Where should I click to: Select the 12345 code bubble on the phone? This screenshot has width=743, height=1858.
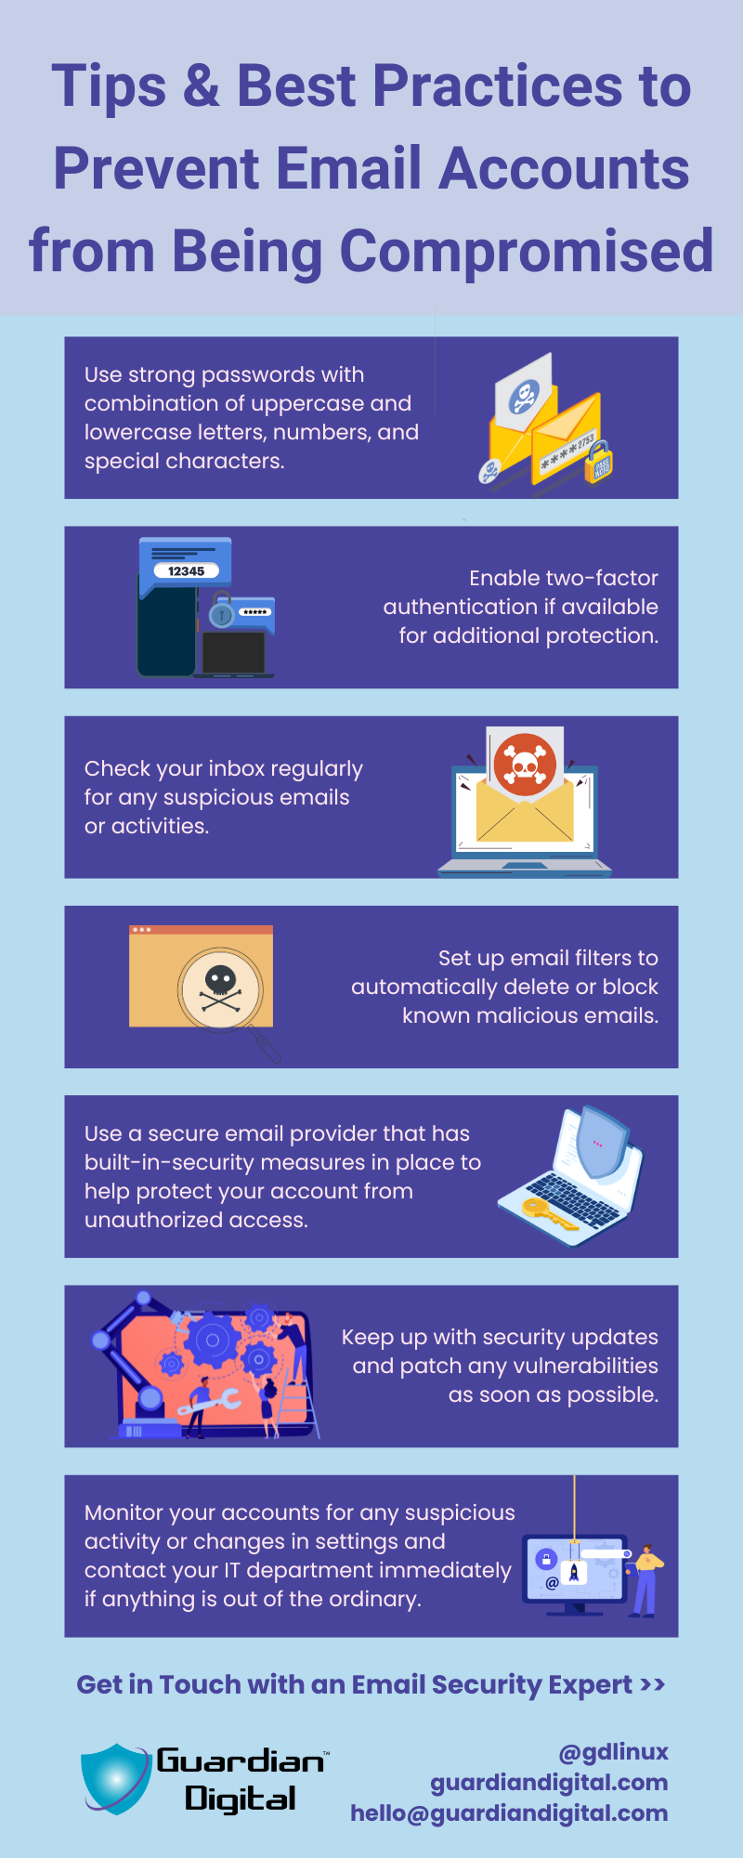coord(187,570)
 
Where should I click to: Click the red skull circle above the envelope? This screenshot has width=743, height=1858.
coord(525,764)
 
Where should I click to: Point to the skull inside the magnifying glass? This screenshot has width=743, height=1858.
coord(221,988)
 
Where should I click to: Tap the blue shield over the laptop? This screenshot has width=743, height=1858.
coord(600,1143)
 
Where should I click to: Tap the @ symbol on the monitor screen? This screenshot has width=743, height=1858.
coord(552,1582)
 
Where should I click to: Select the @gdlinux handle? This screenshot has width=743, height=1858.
coord(613,1752)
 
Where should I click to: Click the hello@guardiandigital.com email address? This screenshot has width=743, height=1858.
coord(509,1812)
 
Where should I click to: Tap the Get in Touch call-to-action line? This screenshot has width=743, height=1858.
coord(371,1684)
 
